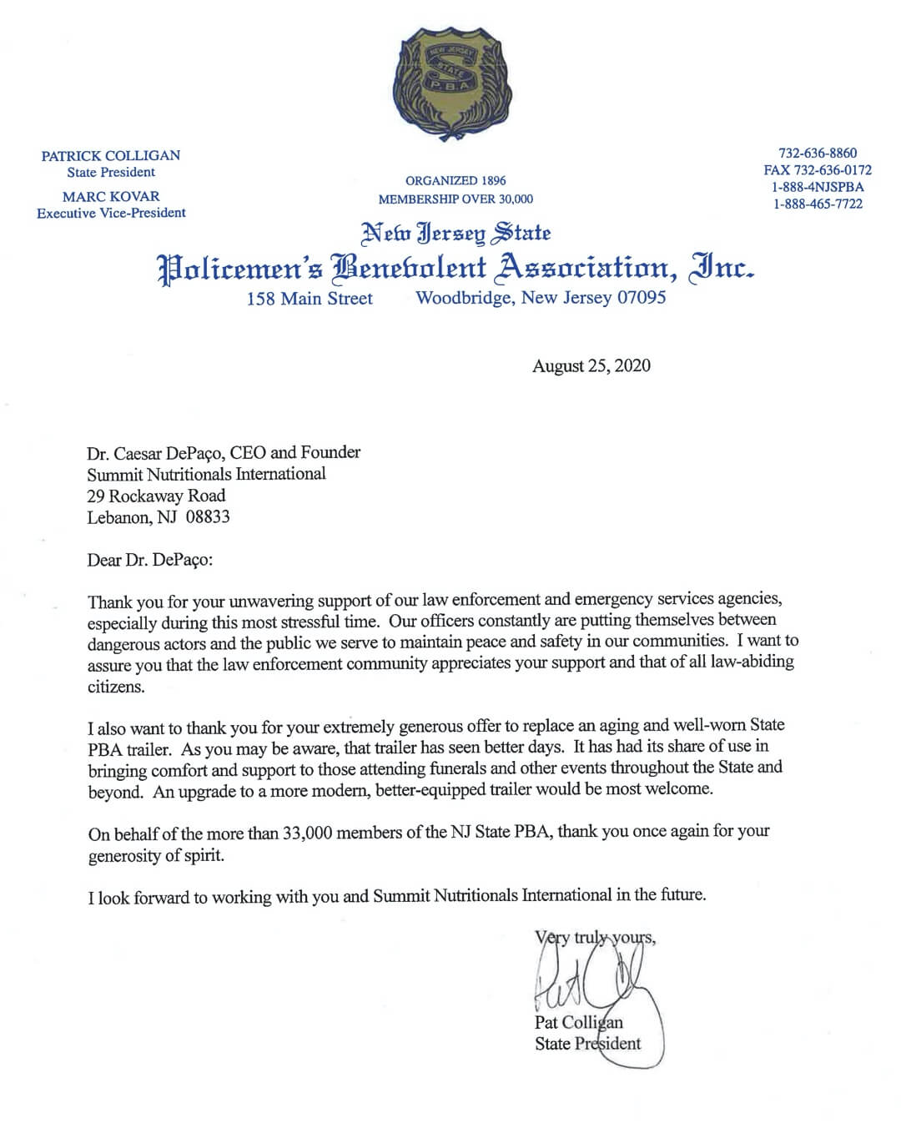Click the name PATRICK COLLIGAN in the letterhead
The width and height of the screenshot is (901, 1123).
[x=111, y=155]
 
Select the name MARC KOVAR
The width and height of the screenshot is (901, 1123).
[x=111, y=196]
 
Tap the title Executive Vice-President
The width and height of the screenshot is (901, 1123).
[x=111, y=213]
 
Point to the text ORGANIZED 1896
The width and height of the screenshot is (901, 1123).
[x=456, y=180]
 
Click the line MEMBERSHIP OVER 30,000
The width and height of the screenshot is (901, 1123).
[x=456, y=199]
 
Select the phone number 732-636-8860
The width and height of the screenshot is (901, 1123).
[x=818, y=153]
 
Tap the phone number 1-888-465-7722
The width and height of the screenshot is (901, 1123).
[x=818, y=204]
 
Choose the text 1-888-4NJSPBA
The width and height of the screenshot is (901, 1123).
[x=818, y=187]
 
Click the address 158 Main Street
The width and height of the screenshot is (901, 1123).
[x=310, y=298]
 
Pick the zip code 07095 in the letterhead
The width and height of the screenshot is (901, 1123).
[x=641, y=297]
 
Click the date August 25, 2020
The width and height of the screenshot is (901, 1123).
[x=591, y=365]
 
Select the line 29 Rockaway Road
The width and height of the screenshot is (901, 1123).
[x=156, y=495]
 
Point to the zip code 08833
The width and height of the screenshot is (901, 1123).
[x=208, y=516]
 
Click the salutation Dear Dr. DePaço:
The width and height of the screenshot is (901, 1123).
[x=150, y=559]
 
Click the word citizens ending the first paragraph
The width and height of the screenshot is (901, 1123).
[x=116, y=687]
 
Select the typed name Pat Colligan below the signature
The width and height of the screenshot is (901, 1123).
[x=579, y=1022]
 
